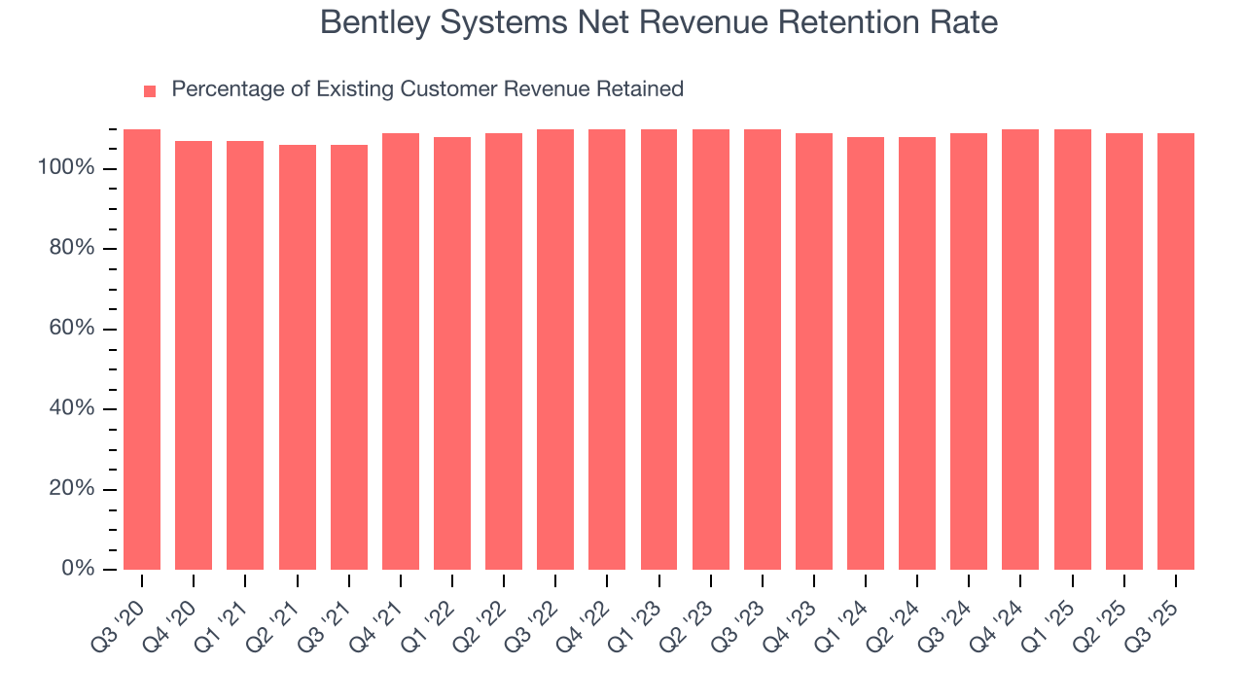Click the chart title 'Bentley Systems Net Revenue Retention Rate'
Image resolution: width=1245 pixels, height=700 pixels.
[x=658, y=22]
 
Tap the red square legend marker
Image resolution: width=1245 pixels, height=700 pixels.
[x=150, y=90]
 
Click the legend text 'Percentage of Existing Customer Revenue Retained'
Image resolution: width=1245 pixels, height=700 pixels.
[x=427, y=89]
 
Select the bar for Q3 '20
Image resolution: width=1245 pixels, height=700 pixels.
[x=142, y=349]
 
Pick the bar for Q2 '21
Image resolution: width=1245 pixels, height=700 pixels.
[x=298, y=357]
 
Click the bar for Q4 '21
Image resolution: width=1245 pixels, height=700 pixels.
[x=401, y=351]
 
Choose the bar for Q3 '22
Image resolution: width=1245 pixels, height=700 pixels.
[x=555, y=349]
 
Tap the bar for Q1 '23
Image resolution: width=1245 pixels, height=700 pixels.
[x=658, y=349]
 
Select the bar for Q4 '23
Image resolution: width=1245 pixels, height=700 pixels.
[x=814, y=351]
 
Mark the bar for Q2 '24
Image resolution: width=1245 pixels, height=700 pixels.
[x=917, y=353]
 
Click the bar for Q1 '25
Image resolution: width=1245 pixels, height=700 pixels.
[x=1073, y=349]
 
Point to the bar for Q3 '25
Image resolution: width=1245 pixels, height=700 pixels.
[x=1176, y=351]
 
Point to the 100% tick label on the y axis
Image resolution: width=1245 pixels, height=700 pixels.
[x=66, y=168]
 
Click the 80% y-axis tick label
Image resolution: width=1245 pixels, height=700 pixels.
[x=71, y=249]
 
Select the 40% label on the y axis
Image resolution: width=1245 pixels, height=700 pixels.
[x=71, y=408]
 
